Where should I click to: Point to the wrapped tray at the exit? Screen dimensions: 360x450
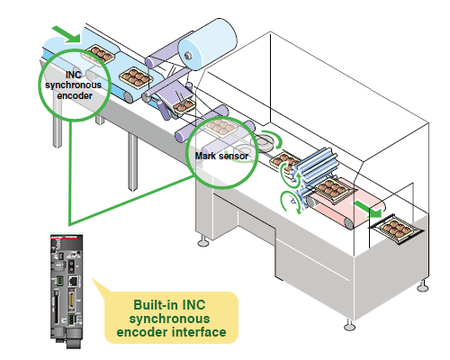(397, 230)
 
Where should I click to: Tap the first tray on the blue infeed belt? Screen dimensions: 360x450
(96, 56)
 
